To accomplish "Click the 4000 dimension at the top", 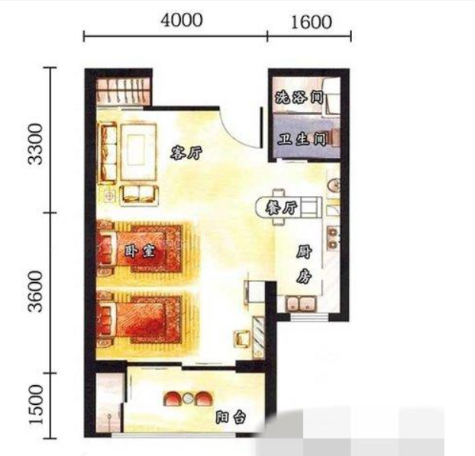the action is (x=182, y=21).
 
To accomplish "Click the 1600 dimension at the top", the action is (x=311, y=23).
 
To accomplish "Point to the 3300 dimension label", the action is (x=35, y=143).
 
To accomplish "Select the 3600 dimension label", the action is (x=35, y=291).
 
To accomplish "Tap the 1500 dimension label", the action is (x=37, y=405).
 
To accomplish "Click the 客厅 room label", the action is (x=186, y=153).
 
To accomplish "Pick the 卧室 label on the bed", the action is (x=140, y=251).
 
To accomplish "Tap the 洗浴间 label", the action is (x=299, y=97).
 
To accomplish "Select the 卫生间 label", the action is (x=302, y=140).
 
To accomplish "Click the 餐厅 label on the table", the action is (x=281, y=208).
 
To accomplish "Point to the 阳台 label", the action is (x=231, y=418).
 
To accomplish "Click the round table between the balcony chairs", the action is (x=189, y=398).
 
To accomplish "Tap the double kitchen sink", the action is (x=301, y=303).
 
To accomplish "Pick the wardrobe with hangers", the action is (x=123, y=91).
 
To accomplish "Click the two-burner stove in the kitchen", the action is (x=333, y=238).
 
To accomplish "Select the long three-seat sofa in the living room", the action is (x=107, y=153).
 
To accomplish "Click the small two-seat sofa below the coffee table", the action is (x=139, y=195).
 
